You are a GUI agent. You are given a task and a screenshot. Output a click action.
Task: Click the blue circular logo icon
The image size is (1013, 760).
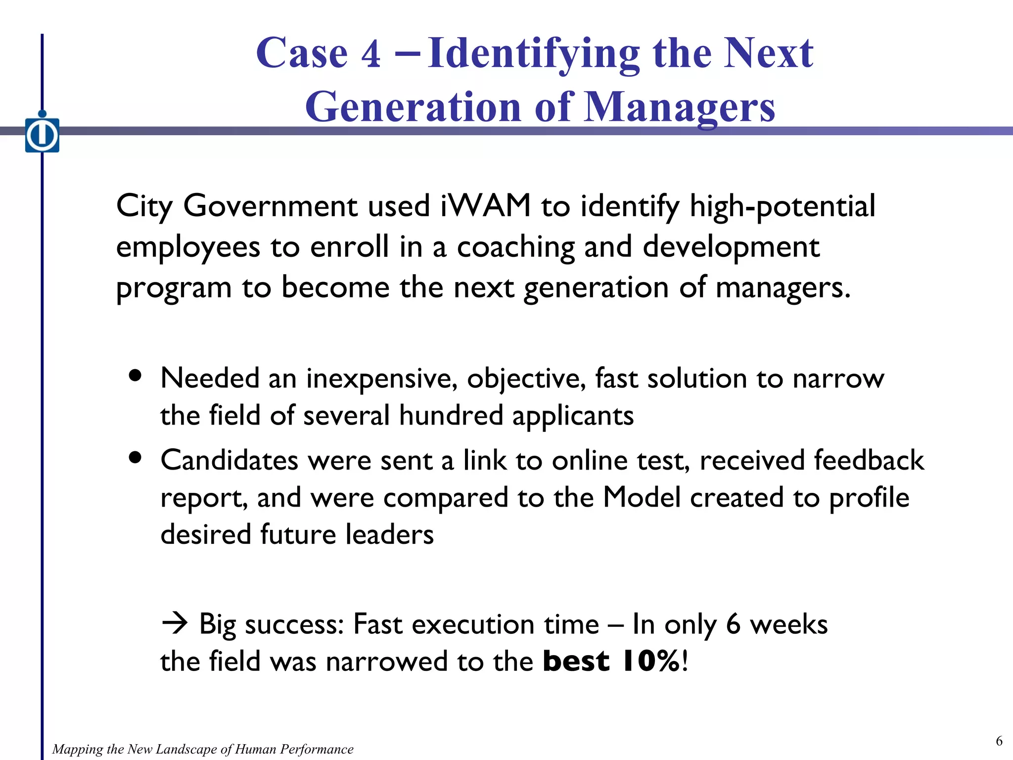pos(42,135)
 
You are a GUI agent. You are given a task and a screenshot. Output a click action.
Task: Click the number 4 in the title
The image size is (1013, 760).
pos(371,53)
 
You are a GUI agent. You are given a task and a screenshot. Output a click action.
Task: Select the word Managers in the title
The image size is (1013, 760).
pos(680,108)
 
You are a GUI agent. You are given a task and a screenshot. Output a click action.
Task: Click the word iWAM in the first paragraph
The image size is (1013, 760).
pos(485,206)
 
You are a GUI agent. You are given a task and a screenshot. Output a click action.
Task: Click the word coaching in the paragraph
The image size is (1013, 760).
pos(515,247)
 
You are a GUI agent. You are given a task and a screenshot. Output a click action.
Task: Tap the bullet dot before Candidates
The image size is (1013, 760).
pos(135,457)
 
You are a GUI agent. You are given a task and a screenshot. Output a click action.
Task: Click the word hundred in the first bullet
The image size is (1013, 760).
pos(451,415)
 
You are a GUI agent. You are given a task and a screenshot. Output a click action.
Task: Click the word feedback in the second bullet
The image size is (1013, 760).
pos(869,460)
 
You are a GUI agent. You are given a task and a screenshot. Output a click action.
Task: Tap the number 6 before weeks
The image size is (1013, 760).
pos(733,624)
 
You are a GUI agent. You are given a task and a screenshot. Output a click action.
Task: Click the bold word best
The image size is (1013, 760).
pos(576,661)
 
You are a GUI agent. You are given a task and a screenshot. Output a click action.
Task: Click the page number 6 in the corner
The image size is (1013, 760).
pos(999,741)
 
